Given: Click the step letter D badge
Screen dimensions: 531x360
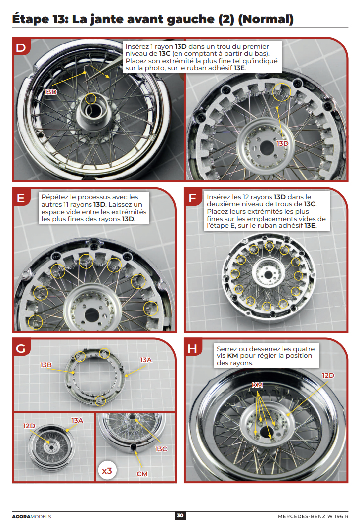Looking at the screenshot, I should click(20, 47).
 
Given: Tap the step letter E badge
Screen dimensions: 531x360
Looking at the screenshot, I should click(20, 198).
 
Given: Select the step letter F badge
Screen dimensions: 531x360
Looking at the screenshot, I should click(193, 198).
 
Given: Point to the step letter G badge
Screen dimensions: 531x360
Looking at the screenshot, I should click(20, 348).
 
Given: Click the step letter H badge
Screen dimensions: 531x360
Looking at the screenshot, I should click(193, 348).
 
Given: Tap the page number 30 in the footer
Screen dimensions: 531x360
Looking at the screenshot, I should click(180, 516).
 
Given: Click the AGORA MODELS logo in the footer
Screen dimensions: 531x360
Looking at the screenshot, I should click(31, 516).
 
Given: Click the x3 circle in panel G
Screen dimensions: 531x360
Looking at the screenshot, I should click(107, 471).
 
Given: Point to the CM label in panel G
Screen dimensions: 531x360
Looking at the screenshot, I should click(142, 473).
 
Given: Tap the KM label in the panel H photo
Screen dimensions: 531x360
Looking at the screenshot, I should click(257, 385).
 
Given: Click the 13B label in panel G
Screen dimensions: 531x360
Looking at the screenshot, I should click(46, 365).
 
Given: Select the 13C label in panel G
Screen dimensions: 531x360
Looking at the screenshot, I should click(161, 449).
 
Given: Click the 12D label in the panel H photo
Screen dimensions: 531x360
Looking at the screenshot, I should click(328, 375).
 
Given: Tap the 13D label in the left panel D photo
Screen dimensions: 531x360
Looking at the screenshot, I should click(51, 92).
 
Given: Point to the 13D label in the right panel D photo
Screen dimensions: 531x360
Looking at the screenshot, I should click(282, 143).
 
